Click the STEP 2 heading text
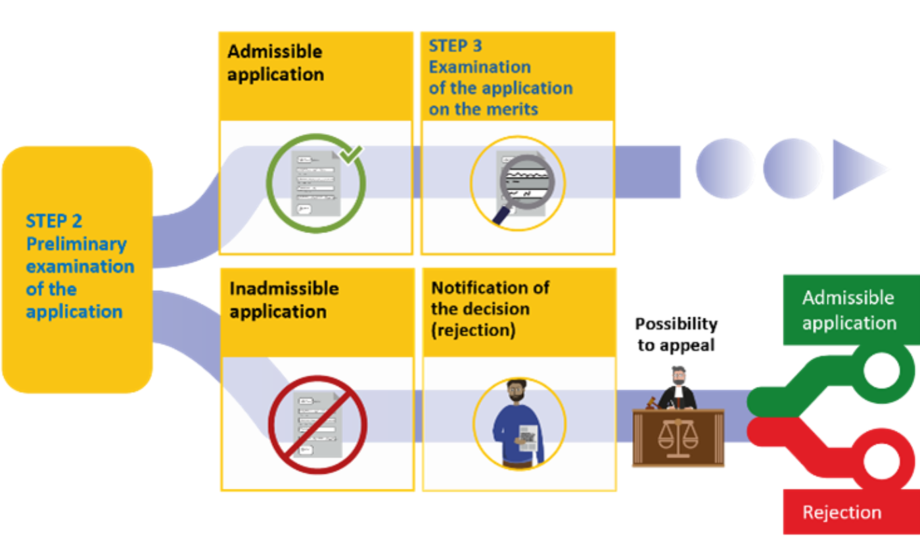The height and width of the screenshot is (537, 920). tap(54, 221)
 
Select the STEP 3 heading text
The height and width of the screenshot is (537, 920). tap(455, 45)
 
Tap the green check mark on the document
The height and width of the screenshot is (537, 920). tap(351, 154)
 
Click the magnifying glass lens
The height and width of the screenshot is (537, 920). tap(527, 182)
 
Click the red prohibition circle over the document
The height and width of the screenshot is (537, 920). tap(317, 424)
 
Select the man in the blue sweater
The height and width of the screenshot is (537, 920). tap(518, 424)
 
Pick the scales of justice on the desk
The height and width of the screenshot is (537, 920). tap(678, 438)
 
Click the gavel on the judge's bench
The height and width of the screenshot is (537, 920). tap(651, 403)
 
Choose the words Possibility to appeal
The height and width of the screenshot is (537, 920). tap(676, 334)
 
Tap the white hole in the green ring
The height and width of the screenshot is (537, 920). tap(881, 371)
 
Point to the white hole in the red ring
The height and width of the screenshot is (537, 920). tap(881, 461)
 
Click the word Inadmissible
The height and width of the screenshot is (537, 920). tap(284, 289)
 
